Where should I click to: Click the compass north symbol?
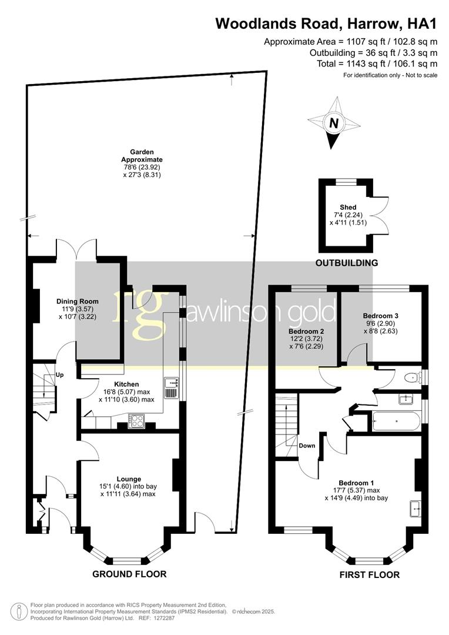[334, 123]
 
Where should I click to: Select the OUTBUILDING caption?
[347, 263]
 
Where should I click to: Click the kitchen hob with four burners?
[137, 420]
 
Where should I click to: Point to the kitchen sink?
[171, 388]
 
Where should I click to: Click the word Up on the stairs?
[59, 375]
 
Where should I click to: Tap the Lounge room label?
[129, 479]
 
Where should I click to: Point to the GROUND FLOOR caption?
[129, 574]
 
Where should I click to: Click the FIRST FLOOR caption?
[370, 574]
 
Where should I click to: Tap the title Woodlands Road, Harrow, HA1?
[326, 24]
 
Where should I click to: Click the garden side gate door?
[203, 522]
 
